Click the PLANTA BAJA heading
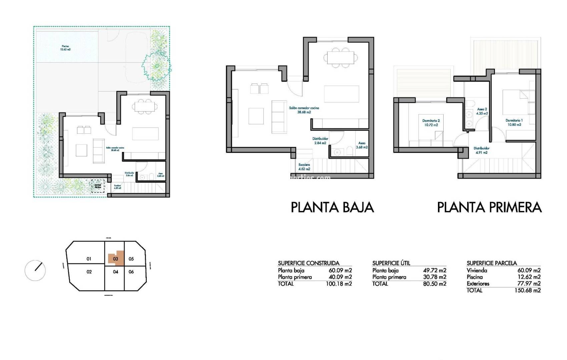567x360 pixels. pyautogui.click(x=332, y=207)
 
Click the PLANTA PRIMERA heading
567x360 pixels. pyautogui.click(x=489, y=207)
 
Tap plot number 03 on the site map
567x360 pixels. pyautogui.click(x=115, y=259)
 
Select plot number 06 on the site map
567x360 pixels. pyautogui.click(x=131, y=272)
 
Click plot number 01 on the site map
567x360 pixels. pyautogui.click(x=89, y=259)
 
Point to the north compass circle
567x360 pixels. pyautogui.click(x=35, y=270)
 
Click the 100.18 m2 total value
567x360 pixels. pyautogui.click(x=339, y=284)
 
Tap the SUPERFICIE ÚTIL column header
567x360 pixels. pyautogui.click(x=391, y=263)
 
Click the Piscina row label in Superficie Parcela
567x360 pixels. pyautogui.click(x=475, y=277)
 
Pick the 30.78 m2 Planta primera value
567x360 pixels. pyautogui.click(x=435, y=277)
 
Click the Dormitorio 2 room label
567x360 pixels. pyautogui.click(x=431, y=123)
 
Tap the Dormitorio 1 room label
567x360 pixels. pyautogui.click(x=514, y=122)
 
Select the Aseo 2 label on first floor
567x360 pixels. pyautogui.click(x=482, y=111)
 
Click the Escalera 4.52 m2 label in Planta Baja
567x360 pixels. pyautogui.click(x=304, y=167)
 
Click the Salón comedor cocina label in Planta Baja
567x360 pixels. pyautogui.click(x=304, y=110)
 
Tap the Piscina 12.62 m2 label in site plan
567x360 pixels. pyautogui.click(x=65, y=48)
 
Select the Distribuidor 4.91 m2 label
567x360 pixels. pyautogui.click(x=481, y=150)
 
